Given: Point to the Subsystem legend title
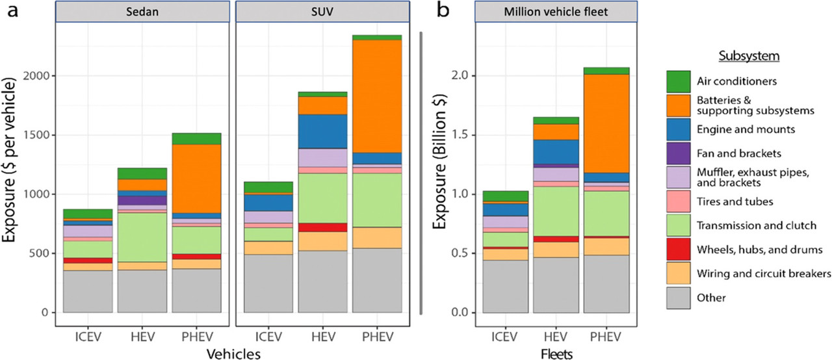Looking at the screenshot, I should (748, 57).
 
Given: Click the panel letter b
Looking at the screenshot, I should (444, 12).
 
